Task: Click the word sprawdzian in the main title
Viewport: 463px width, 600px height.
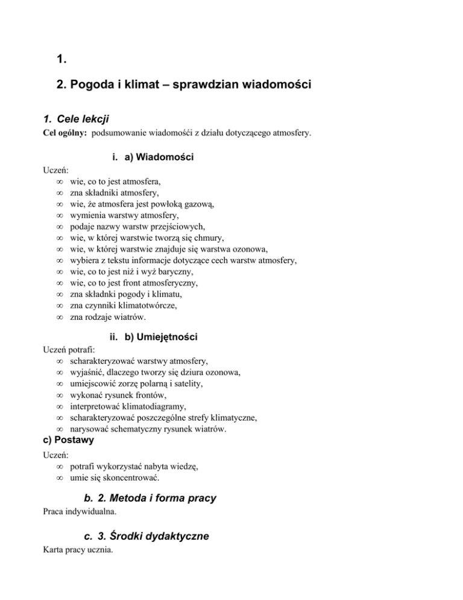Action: click(x=209, y=85)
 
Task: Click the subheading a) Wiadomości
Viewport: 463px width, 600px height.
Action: click(x=159, y=158)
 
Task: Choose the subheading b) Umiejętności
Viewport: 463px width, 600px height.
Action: click(x=161, y=336)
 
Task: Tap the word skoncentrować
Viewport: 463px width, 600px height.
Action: click(x=136, y=478)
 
